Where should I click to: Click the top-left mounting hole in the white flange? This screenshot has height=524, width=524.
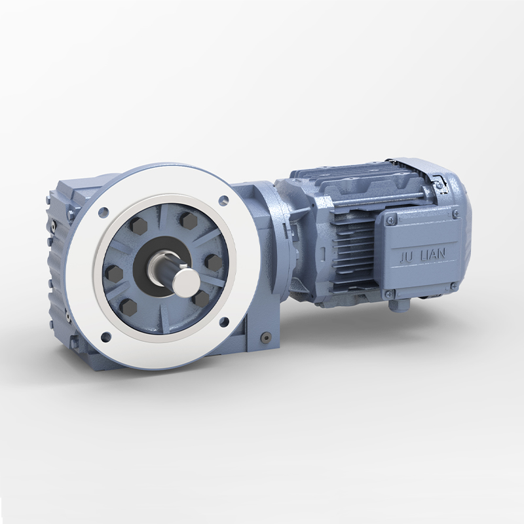(x=103, y=212)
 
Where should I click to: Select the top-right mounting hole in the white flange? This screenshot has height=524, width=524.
(x=223, y=201)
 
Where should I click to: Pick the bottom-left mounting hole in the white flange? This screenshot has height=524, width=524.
(x=106, y=337)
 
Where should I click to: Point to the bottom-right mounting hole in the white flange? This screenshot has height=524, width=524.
(x=224, y=322)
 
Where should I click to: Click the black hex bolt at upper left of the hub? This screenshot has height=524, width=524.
(x=138, y=226)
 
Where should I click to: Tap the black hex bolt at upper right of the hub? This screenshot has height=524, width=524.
(x=189, y=220)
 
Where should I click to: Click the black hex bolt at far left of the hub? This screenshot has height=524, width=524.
(x=114, y=273)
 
